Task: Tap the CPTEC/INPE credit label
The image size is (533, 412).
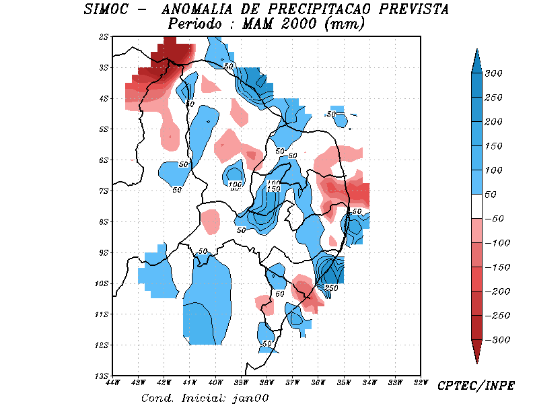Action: coord(476,386)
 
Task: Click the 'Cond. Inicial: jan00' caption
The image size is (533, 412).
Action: coord(205,398)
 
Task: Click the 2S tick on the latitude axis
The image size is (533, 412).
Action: coord(104,37)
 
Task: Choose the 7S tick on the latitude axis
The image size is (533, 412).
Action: coord(104,191)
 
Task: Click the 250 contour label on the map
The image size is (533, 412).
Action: coord(331,287)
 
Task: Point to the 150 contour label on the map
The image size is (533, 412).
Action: coord(273,189)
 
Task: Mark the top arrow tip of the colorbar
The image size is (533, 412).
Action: coord(476,50)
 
